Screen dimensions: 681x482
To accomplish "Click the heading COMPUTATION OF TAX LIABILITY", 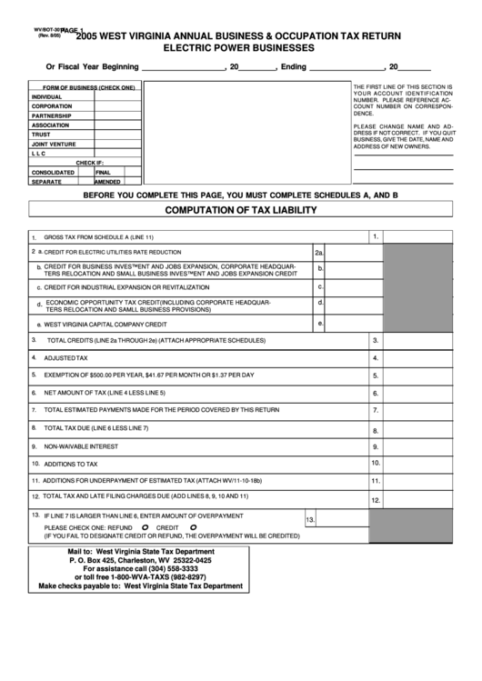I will pyautogui.click(x=240, y=210).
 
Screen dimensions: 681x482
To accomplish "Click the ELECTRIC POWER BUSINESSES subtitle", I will pyautogui.click(x=240, y=47).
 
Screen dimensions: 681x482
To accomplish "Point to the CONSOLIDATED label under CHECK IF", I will pyautogui.click(x=53, y=172).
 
